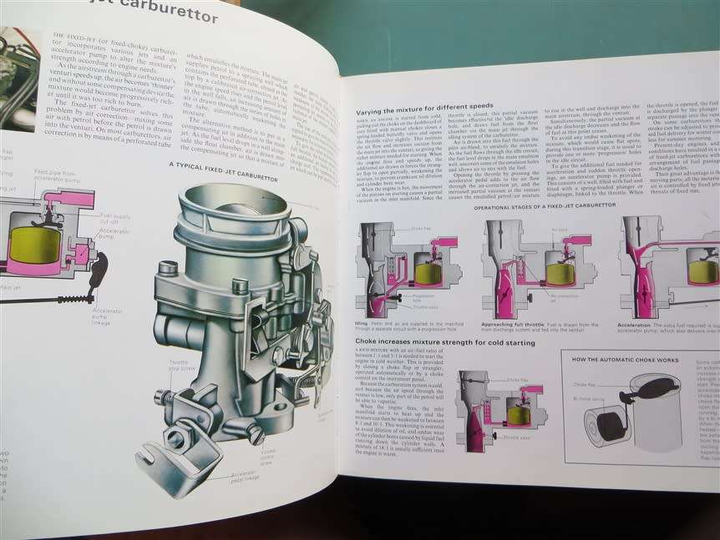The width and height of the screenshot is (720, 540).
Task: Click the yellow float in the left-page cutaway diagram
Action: coord(33,247)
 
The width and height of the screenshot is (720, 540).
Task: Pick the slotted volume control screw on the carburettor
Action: coord(255,434)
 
